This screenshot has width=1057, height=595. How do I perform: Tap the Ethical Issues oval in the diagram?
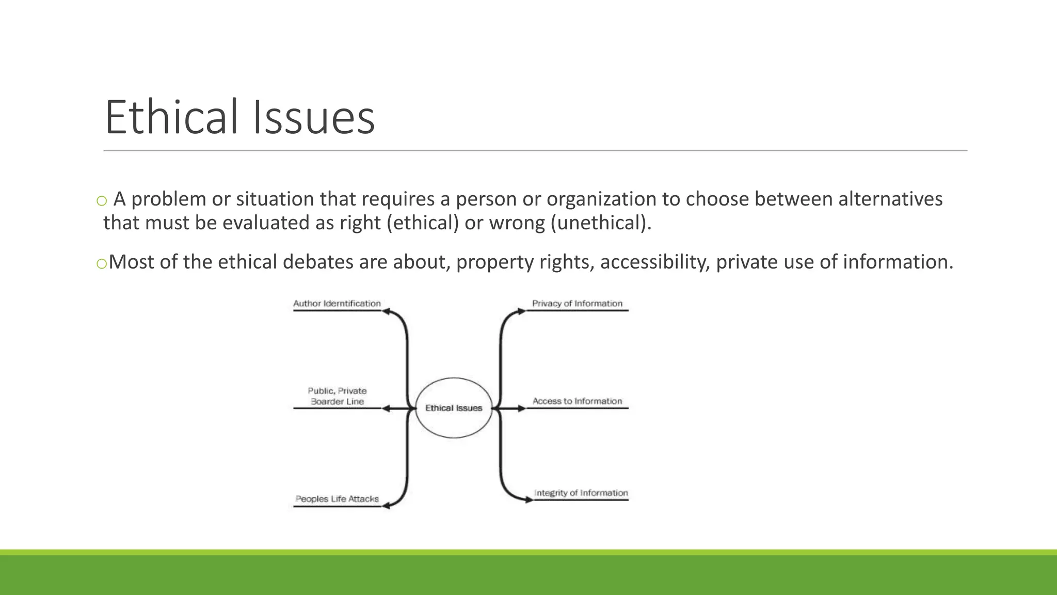pos(454,408)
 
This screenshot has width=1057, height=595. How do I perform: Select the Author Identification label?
pos(337,304)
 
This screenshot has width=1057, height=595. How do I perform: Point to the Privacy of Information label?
pos(577,304)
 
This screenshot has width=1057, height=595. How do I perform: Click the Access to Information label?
pos(577,401)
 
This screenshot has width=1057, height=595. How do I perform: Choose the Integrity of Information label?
pos(581,493)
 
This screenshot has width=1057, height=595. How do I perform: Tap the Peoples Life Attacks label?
pos(337,499)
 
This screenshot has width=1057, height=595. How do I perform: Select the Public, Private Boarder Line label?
pos(337,396)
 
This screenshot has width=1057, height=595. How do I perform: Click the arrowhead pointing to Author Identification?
pos(386,311)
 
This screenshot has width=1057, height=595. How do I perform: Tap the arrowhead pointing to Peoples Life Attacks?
pos(386,506)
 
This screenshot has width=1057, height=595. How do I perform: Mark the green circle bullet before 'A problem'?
pos(102,201)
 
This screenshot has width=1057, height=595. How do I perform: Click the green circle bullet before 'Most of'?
pos(102,264)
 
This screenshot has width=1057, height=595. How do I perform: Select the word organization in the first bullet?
pos(601,199)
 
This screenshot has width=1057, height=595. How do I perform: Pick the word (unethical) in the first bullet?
pos(601,223)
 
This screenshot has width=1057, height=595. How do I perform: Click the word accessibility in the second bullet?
pos(654,262)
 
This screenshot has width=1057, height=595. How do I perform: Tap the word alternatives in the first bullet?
pos(890,199)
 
